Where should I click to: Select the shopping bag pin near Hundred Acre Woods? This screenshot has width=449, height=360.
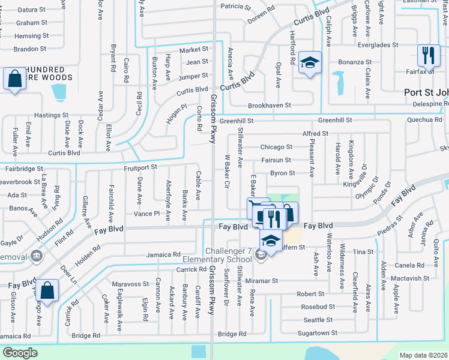(x=13, y=80)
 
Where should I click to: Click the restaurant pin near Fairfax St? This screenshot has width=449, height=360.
(x=428, y=56)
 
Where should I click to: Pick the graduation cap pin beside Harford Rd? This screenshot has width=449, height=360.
(x=310, y=63)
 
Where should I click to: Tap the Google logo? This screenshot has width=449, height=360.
(x=20, y=353)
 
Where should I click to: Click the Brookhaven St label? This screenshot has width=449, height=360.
(x=270, y=105)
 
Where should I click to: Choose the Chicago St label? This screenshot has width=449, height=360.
(x=276, y=147)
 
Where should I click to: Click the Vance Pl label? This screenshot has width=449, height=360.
(x=146, y=214)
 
